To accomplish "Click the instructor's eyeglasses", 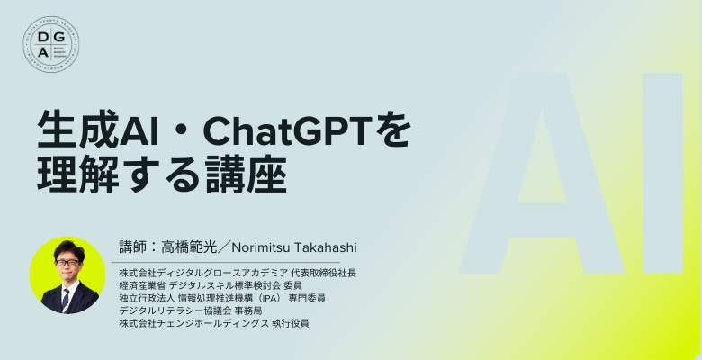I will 67,262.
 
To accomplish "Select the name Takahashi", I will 326,247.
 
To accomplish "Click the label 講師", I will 132,247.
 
